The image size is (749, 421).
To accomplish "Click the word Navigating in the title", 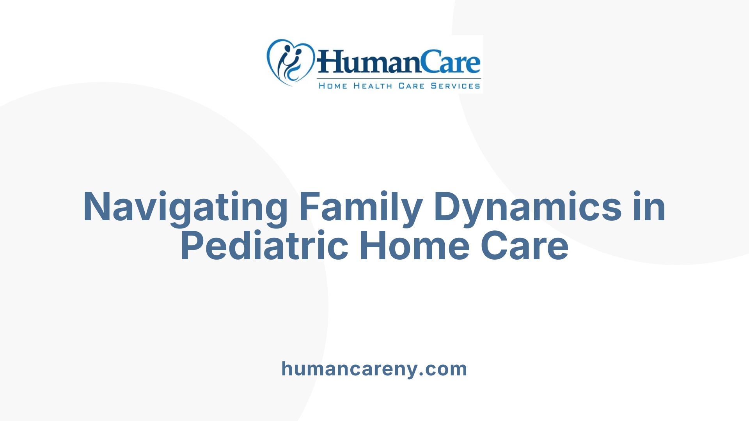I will tap(185, 207).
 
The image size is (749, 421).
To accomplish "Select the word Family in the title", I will tap(361, 207).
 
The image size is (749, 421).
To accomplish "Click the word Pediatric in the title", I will tap(264, 246).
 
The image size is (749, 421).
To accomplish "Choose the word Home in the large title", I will tap(414, 246).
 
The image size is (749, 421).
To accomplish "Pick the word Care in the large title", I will tap(524, 246).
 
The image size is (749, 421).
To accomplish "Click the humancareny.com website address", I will tap(374, 369).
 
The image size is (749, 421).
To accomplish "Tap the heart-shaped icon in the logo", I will tap(290, 62).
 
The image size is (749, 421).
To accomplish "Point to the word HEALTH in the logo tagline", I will tap(373, 86).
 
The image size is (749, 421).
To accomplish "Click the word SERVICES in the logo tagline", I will tap(455, 86).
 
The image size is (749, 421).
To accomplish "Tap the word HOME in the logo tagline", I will tap(333, 86).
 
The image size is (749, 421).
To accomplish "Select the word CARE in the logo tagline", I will tap(411, 86).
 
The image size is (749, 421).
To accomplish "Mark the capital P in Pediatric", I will tap(192, 246).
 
